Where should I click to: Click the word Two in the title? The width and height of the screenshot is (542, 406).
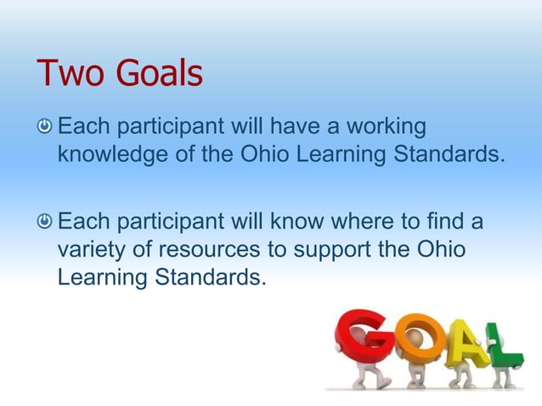64,74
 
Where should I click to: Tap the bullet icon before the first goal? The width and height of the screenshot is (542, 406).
44,128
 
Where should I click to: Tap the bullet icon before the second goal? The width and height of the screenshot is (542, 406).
44,223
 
